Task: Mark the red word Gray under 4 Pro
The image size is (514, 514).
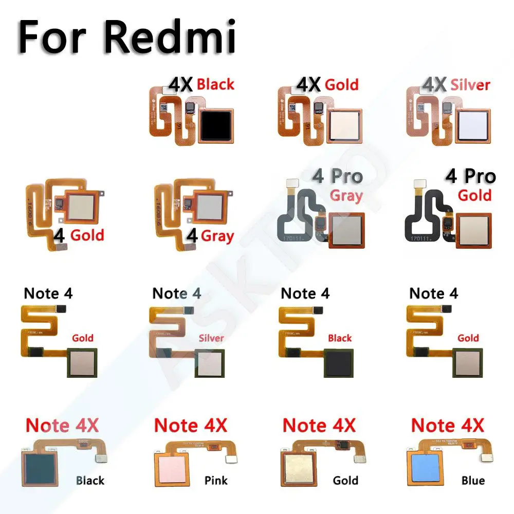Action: (346, 196)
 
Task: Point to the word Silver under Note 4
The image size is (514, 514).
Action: (211, 338)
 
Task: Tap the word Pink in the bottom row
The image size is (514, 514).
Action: (216, 481)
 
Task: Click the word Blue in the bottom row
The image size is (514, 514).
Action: (473, 481)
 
